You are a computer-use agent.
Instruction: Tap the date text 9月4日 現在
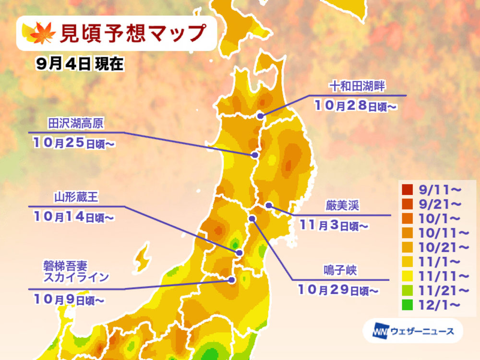80,66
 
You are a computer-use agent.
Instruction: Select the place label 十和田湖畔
358,86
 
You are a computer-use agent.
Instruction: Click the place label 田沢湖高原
76,123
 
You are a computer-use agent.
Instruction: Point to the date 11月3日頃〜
334,224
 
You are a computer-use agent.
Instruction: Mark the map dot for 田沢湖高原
255,155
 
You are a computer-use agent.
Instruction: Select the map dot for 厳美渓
269,206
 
